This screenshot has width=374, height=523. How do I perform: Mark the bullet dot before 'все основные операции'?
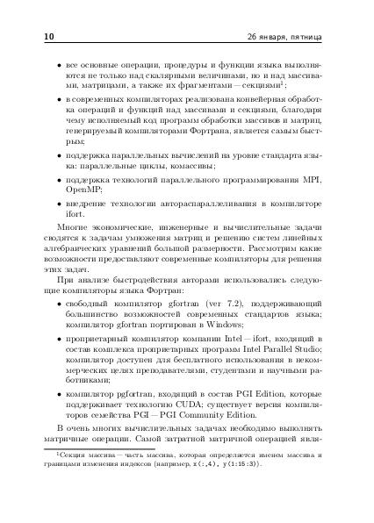coord(57,65)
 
